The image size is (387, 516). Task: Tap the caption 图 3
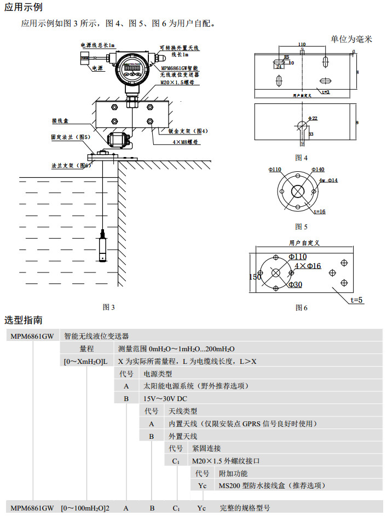click(x=109, y=308)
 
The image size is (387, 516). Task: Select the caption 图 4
click(x=301, y=158)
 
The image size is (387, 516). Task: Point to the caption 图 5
click(x=301, y=227)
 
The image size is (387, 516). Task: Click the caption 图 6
click(x=301, y=308)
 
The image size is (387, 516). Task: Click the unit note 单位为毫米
click(x=351, y=39)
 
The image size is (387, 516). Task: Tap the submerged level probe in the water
click(x=103, y=248)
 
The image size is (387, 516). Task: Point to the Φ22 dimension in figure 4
click(x=313, y=118)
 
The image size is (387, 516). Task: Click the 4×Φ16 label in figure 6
click(x=308, y=266)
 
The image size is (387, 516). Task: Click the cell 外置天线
click(x=182, y=437)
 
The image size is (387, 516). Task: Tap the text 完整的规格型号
click(x=245, y=508)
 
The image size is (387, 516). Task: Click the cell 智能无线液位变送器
click(x=96, y=336)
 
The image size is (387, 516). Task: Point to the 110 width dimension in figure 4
click(x=302, y=44)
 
